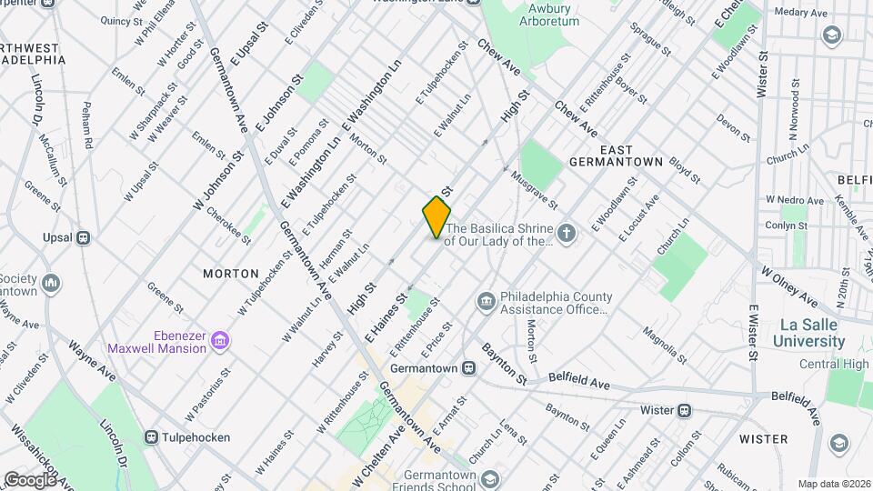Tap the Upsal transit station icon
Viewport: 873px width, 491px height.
click(83, 237)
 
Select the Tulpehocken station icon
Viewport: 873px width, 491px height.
click(152, 437)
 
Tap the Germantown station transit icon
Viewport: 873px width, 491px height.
click(469, 368)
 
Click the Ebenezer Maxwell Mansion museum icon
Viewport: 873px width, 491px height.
click(219, 340)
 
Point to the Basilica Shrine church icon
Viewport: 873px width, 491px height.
click(567, 235)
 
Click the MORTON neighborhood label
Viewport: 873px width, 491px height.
click(231, 273)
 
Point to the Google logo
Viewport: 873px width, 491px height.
click(30, 479)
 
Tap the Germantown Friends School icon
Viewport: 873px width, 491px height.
click(490, 479)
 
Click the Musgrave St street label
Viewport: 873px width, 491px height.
click(536, 191)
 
